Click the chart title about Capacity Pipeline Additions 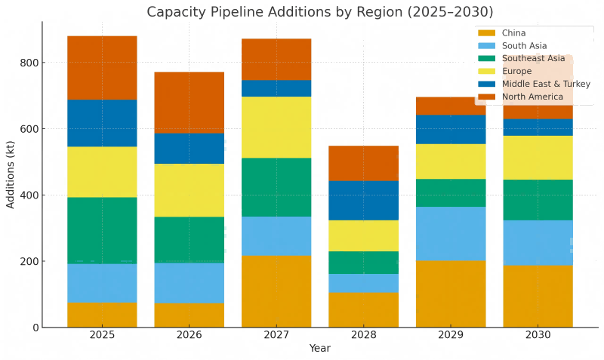point(320,12)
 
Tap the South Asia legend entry point(520,46)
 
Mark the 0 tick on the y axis point(34,328)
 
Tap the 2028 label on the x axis point(363,334)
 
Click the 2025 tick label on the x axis point(102,334)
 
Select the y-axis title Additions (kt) point(11,175)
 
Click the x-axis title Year point(320,349)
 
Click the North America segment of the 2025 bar point(102,68)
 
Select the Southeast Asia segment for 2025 point(102,230)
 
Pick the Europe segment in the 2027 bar point(276,127)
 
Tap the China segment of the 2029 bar point(451,294)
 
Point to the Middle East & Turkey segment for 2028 point(363,200)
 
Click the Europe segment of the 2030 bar point(538,157)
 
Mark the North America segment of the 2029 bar point(451,106)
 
